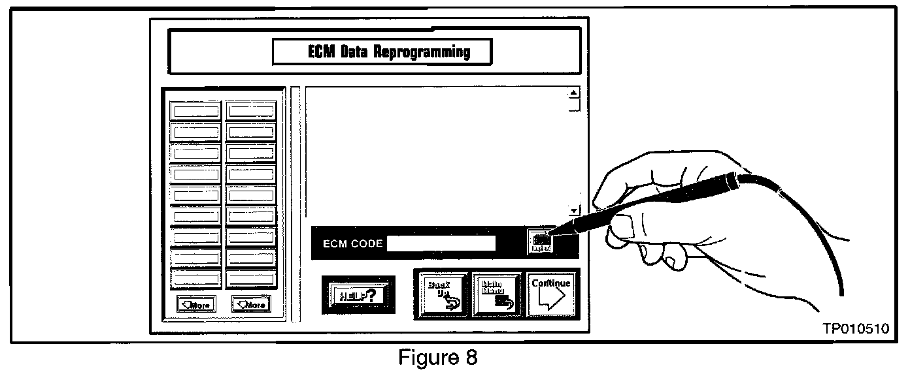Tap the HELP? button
(x=358, y=295)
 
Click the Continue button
(x=550, y=295)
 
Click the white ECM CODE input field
(x=441, y=244)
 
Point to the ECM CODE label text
(x=353, y=244)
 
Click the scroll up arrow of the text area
(x=575, y=93)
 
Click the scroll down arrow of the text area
(x=575, y=211)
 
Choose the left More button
(x=196, y=304)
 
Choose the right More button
(x=251, y=304)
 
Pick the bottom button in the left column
(x=196, y=279)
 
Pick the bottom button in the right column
(x=251, y=279)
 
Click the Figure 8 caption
(x=439, y=358)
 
